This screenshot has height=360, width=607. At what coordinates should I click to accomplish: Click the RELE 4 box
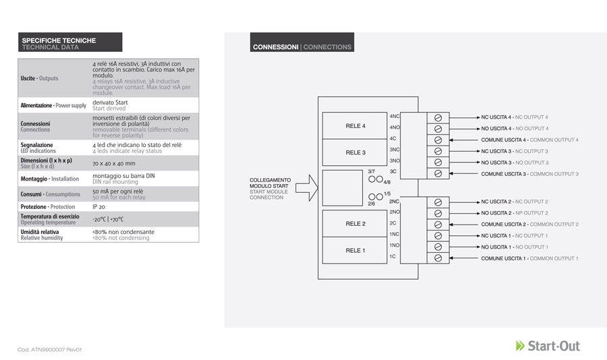355,126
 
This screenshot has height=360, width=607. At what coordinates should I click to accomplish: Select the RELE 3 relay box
355,152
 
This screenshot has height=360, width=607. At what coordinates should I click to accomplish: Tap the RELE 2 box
355,224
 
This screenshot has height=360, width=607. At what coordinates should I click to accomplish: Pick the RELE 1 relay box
355,251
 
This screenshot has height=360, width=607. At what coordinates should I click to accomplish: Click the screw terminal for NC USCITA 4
438,118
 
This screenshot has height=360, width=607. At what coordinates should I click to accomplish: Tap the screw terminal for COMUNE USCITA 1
438,258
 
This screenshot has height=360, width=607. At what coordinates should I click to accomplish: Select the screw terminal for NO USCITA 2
438,213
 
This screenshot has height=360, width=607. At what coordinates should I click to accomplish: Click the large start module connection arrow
307,188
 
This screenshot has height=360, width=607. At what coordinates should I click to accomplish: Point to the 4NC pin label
394,116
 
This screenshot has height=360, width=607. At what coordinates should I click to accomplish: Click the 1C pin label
393,256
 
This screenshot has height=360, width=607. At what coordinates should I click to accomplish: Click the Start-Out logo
548,346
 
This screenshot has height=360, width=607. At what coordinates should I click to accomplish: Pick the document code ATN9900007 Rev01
49,349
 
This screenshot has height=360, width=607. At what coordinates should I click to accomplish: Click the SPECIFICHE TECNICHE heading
59,40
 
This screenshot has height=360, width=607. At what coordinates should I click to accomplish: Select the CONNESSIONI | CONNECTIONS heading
302,47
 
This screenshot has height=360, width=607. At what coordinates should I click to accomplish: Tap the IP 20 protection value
98,207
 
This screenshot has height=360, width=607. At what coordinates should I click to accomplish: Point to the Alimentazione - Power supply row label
53,105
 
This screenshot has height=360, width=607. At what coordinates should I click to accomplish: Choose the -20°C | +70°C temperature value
108,219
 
